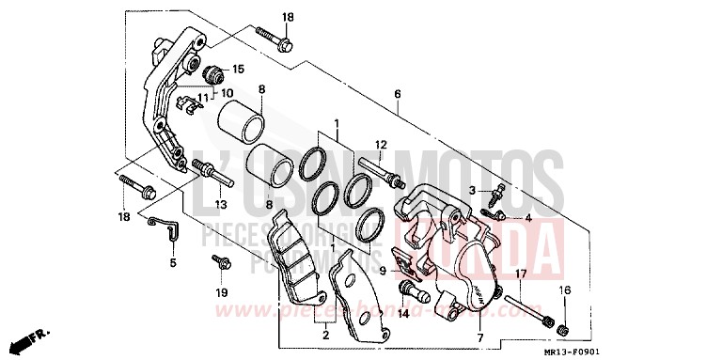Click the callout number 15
(x=238, y=69)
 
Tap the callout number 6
(x=398, y=94)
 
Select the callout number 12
(x=381, y=144)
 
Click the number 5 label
(x=173, y=262)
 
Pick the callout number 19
(x=222, y=293)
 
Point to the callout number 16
(x=565, y=291)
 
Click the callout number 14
(x=402, y=313)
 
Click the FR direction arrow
(x=38, y=336)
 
